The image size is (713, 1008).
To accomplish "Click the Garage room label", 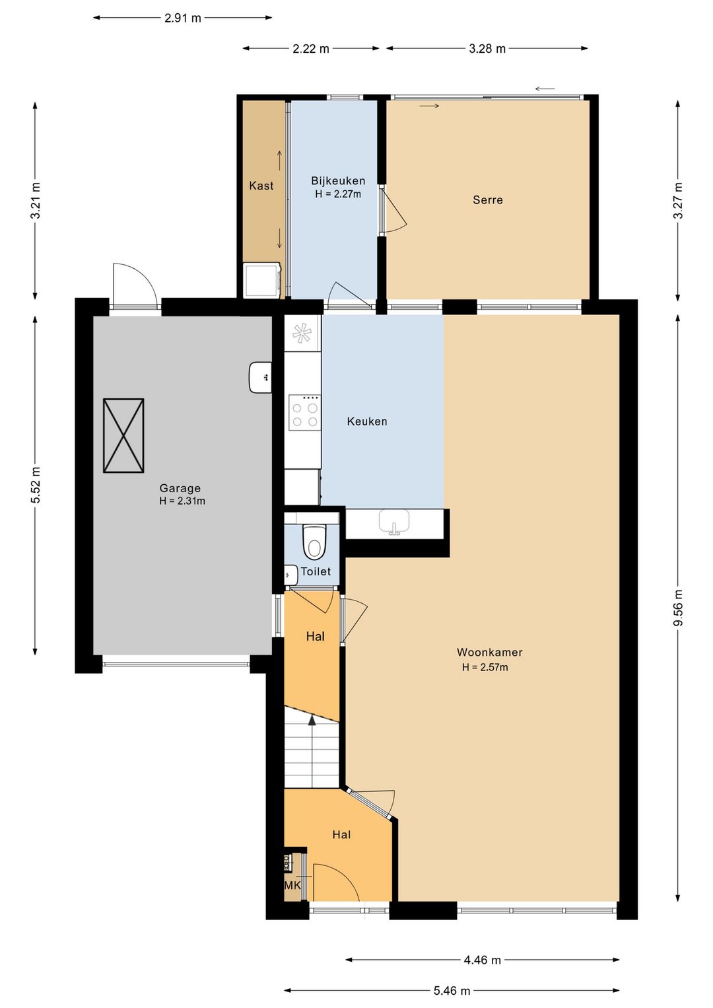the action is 180,487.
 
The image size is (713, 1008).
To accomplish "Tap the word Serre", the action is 488,199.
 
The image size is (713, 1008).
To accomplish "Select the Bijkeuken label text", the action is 338,181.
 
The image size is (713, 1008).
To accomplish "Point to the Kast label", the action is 261,186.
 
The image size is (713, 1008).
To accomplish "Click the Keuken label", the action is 367,421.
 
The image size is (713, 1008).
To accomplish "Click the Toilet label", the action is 316,571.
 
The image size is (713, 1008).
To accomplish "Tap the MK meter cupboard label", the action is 292,886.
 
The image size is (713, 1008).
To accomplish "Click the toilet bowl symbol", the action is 314,542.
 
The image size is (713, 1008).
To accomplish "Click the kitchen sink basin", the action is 395,522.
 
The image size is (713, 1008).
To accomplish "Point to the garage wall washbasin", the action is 261,377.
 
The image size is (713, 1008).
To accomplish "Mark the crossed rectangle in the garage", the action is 123,435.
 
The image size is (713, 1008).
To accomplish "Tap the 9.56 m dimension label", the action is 678,607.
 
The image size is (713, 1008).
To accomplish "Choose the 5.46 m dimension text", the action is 452,987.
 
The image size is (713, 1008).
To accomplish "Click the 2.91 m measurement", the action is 182,18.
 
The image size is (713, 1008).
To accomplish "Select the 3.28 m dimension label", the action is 487,48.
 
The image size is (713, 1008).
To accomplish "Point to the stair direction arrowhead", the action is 312,721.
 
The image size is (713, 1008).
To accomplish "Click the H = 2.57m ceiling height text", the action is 485,667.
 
